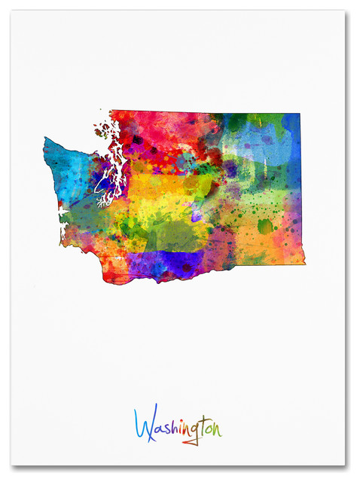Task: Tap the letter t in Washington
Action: point(204,426)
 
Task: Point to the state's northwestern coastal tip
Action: point(47,140)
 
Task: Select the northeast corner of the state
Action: point(299,115)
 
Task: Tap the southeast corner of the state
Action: point(304,263)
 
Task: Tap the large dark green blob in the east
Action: point(265,225)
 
